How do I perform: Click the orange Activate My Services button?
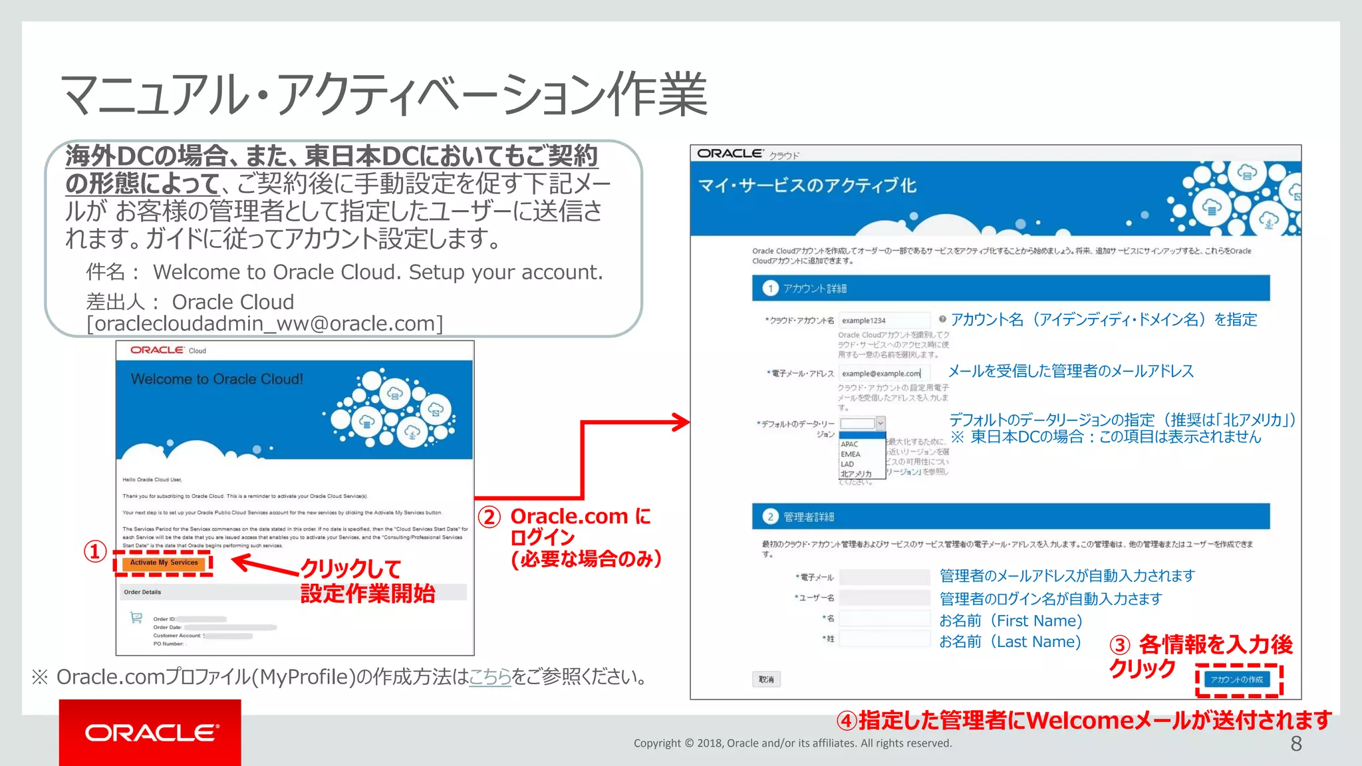(164, 563)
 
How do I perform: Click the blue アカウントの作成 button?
(1237, 680)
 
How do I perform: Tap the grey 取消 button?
(766, 680)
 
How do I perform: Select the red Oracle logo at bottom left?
(150, 733)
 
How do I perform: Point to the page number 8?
(1295, 743)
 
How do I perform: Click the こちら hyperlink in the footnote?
(490, 677)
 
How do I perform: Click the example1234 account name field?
(884, 320)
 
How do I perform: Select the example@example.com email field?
(884, 374)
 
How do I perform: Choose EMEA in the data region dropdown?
(851, 454)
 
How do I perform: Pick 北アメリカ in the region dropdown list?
(856, 474)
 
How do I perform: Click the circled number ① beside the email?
(95, 551)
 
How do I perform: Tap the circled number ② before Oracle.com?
(489, 517)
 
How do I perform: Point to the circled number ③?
(1120, 645)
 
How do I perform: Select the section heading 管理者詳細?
(809, 517)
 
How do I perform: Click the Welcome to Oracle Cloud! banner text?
(217, 379)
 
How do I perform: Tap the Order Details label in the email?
(142, 592)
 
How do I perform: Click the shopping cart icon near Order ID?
(136, 618)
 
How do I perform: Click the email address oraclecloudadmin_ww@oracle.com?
(265, 324)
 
